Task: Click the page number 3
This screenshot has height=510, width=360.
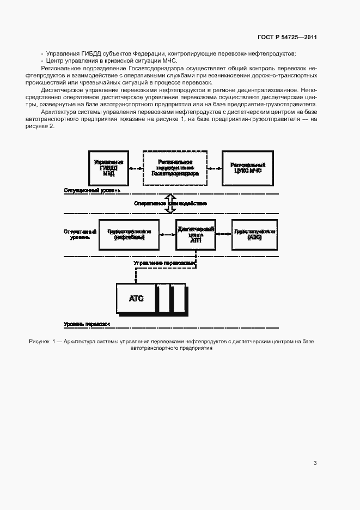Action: pyautogui.click(x=315, y=463)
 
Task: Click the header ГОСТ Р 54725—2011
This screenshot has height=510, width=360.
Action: pyautogui.click(x=287, y=38)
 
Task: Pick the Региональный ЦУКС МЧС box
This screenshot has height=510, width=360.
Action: pyautogui.click(x=247, y=168)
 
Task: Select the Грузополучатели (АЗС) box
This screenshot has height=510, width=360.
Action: pyautogui.click(x=254, y=234)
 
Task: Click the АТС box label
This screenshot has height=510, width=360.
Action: pyautogui.click(x=136, y=298)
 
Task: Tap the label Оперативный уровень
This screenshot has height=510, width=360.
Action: pyautogui.click(x=80, y=234)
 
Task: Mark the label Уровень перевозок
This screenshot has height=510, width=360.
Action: pyautogui.click(x=87, y=324)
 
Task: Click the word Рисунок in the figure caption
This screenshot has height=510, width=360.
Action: pyautogui.click(x=39, y=341)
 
